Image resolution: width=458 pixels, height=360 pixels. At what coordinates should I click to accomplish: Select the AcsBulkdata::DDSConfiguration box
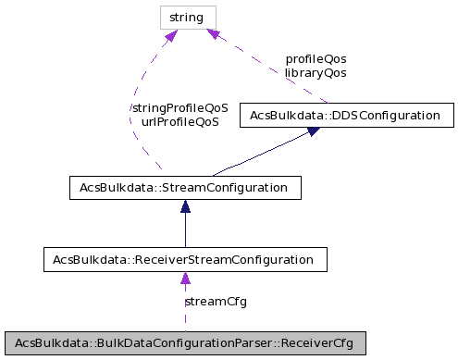[x=346, y=116]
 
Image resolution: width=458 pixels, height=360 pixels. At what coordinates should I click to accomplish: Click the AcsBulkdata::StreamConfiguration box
[x=184, y=187]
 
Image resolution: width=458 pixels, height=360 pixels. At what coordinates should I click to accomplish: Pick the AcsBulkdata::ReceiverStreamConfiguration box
[x=185, y=258]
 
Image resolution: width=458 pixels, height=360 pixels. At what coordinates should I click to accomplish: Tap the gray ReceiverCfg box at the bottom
[x=185, y=341]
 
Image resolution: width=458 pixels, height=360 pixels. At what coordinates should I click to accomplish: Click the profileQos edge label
[x=316, y=58]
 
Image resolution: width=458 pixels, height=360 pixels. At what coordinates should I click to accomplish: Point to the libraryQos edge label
[x=316, y=72]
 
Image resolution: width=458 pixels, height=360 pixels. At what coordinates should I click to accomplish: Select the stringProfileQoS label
[x=179, y=107]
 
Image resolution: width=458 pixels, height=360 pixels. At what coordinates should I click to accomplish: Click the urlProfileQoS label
[x=179, y=121]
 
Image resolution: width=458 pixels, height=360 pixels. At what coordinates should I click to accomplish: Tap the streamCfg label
[x=216, y=301]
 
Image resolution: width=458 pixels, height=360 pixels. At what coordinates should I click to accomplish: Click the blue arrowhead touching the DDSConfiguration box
[x=314, y=132]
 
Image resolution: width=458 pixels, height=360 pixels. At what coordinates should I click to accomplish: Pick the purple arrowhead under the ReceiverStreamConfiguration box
[x=185, y=278]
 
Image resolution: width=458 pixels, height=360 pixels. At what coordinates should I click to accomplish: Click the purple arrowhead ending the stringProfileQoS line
[x=171, y=36]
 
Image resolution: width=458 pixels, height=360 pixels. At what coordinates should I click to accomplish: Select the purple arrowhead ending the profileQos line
[x=213, y=34]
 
